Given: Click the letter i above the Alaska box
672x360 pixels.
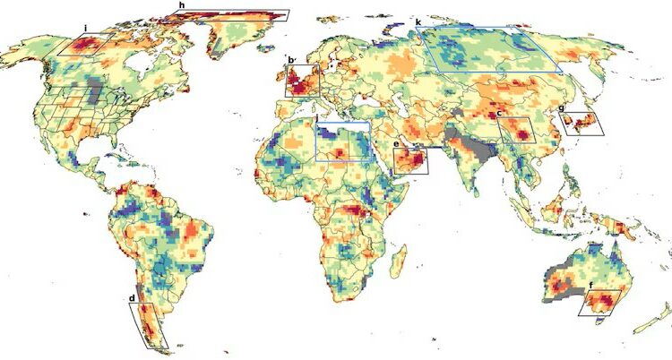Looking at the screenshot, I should (x=85, y=28).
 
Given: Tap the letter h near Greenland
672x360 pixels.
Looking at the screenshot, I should (x=182, y=5).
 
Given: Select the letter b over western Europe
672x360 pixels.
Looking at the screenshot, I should (x=290, y=60).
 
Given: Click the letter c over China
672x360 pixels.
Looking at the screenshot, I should (x=498, y=114).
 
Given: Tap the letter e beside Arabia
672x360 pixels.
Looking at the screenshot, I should (x=396, y=143).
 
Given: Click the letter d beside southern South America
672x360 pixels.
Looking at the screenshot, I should (x=132, y=298).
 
